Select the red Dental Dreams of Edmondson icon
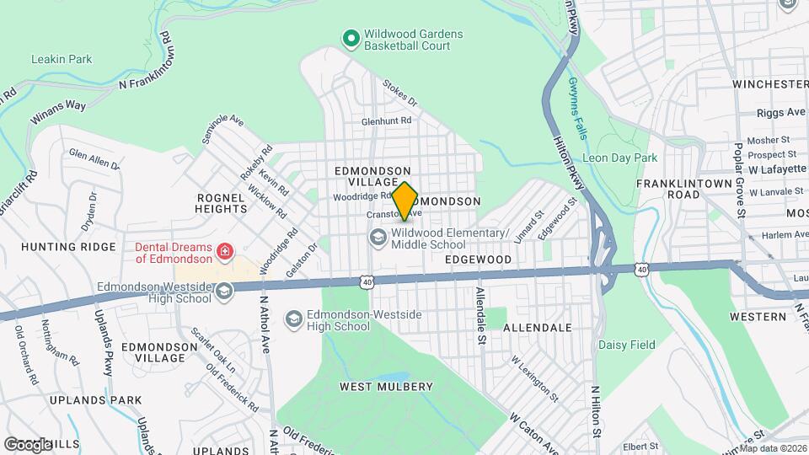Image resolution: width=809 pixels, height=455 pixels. click(x=225, y=251)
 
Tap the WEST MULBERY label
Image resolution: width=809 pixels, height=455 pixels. click(x=386, y=387)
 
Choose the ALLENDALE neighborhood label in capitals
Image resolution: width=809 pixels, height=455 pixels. click(x=538, y=327)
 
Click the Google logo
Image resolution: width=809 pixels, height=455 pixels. click(x=27, y=443)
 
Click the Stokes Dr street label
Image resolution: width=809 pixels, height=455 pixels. click(x=399, y=93)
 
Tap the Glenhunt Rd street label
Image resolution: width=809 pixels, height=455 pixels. click(x=386, y=120)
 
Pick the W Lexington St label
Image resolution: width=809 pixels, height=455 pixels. click(x=533, y=377)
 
